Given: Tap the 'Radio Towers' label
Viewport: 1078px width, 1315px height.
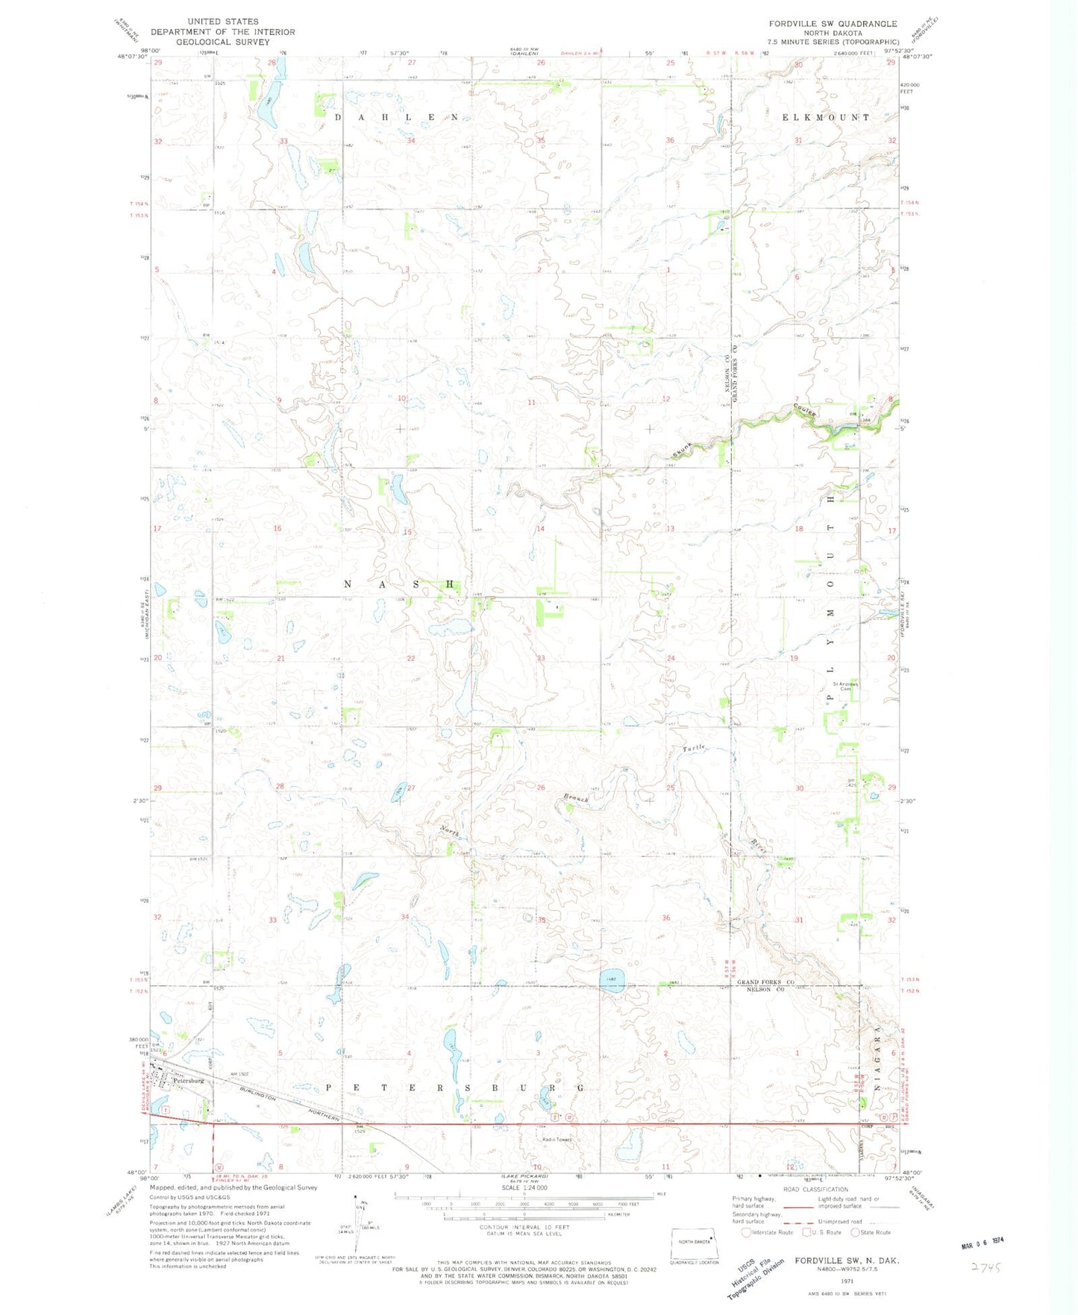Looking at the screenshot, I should coord(557,1139).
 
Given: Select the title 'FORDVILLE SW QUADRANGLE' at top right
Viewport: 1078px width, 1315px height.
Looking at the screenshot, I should coord(833,24).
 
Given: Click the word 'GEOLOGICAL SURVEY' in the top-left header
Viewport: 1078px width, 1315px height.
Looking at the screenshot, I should coord(222,43).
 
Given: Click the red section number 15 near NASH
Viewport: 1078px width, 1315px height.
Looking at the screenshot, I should coord(407,532).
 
